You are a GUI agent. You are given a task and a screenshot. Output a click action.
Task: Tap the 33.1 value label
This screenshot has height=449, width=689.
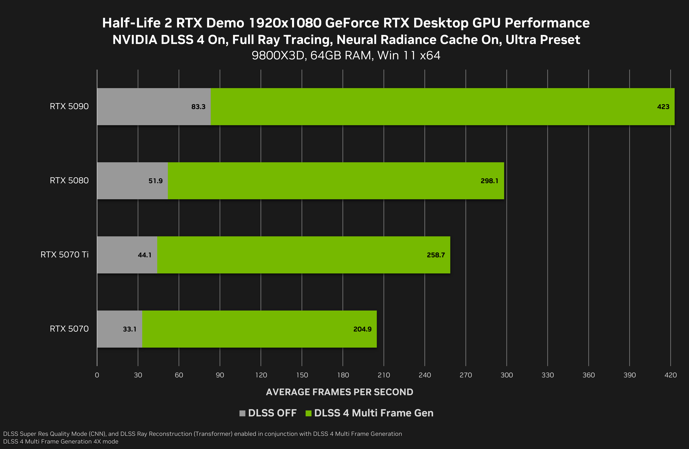[x=129, y=329]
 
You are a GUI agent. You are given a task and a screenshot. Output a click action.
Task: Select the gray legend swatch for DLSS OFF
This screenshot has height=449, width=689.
[x=242, y=413]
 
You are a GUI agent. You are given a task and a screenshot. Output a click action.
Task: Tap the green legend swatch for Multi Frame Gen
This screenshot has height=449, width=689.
[x=308, y=413]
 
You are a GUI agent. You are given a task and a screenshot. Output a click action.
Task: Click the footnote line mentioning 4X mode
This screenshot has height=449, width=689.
[x=61, y=441]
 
